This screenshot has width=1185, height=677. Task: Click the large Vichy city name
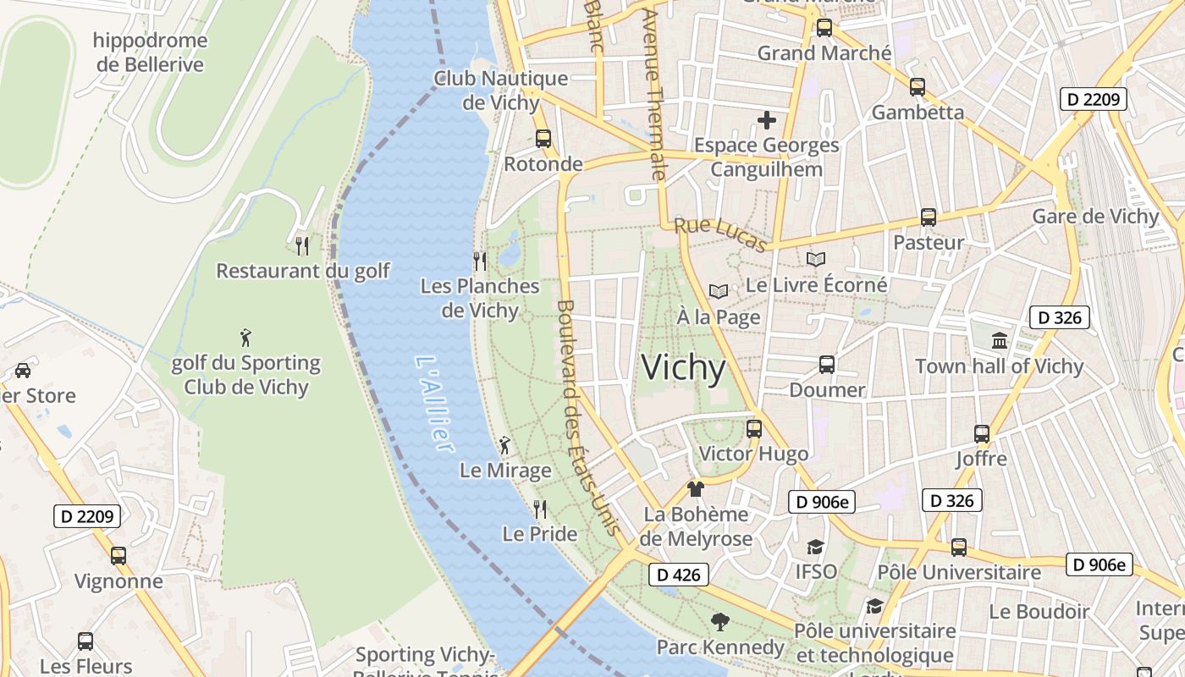(x=683, y=368)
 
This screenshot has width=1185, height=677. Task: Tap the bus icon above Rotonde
(x=543, y=138)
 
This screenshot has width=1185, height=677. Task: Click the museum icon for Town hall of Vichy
(x=1000, y=340)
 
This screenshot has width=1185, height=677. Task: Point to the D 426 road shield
(x=679, y=575)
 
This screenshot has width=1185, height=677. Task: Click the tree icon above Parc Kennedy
(x=719, y=622)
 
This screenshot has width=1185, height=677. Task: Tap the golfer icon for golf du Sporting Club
(x=245, y=338)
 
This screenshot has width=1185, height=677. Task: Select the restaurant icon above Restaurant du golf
(x=302, y=245)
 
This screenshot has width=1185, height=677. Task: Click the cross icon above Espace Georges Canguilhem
(x=767, y=120)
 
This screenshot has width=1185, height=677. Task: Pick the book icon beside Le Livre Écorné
(x=816, y=260)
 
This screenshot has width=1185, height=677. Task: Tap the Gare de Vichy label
(x=1095, y=217)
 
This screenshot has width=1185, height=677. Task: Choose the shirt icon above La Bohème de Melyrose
(x=696, y=488)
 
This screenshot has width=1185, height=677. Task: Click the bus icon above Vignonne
(x=118, y=555)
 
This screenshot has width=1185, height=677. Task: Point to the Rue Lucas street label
(x=720, y=234)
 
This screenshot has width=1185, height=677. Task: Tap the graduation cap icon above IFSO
(x=815, y=547)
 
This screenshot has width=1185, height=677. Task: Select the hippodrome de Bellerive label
(x=150, y=52)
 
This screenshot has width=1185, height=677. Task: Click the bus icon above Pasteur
(x=929, y=217)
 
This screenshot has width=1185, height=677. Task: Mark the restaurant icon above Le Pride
(x=539, y=509)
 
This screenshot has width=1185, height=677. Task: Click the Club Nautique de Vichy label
(x=501, y=91)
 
